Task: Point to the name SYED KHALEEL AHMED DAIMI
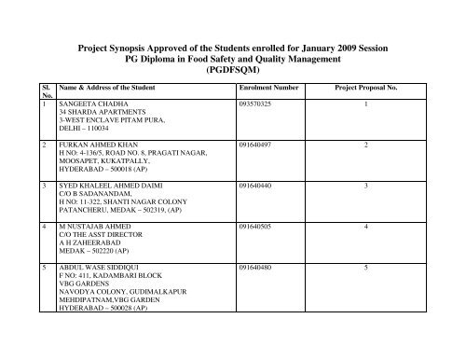coord(108,187)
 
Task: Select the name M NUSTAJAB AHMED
coord(92,227)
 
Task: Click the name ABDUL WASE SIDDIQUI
coord(96,267)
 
